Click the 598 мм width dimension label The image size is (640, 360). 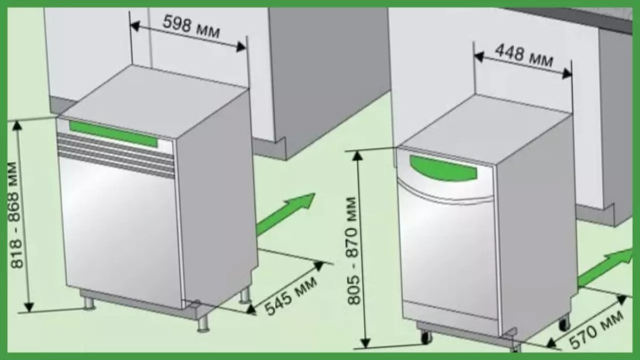191,27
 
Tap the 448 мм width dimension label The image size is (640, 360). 524,55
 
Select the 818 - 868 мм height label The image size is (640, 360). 17,215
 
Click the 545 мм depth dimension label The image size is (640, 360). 291,296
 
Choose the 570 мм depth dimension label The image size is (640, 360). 597,330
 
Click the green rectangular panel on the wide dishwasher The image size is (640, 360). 114,134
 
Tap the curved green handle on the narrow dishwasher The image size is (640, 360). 443,169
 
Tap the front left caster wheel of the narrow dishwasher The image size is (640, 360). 426,337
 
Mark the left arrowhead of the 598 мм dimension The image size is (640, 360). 135,26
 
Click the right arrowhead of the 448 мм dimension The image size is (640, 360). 567,74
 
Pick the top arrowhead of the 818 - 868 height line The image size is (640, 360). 17,126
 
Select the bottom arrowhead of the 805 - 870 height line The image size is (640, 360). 365,343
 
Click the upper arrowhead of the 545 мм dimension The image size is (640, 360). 318,266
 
